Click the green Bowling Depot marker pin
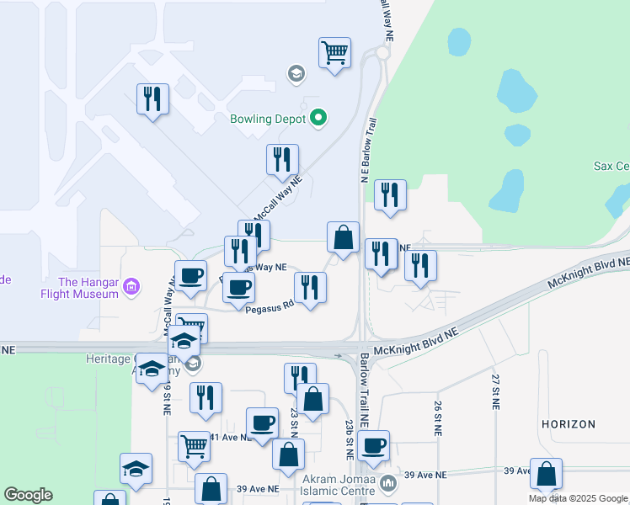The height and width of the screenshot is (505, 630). pyautogui.click(x=318, y=119)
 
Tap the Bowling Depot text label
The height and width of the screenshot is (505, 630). pyautogui.click(x=268, y=119)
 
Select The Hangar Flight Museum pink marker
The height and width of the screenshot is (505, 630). pyautogui.click(x=131, y=287)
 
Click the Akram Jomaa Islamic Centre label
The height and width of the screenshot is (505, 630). pyautogui.click(x=340, y=484)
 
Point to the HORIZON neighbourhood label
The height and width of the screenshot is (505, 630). pyautogui.click(x=569, y=424)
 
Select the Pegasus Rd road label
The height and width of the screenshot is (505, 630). pyautogui.click(x=269, y=309)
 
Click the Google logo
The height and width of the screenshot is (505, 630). pyautogui.click(x=28, y=495)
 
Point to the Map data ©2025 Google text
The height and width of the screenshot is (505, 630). pyautogui.click(x=578, y=498)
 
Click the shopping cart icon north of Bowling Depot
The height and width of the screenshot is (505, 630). pyautogui.click(x=335, y=53)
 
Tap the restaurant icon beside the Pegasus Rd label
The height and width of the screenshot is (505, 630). pyautogui.click(x=310, y=288)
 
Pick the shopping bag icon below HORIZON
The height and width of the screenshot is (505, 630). pyautogui.click(x=547, y=475)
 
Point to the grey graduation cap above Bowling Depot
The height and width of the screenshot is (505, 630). pyautogui.click(x=296, y=75)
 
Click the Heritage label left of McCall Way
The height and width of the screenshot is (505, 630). pyautogui.click(x=109, y=359)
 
